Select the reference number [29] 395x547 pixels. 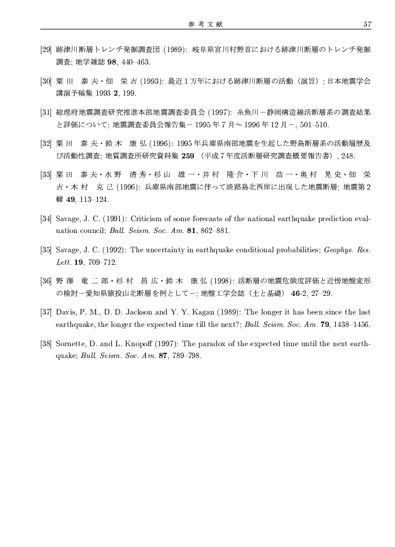click(x=47, y=50)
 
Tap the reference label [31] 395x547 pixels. click(x=47, y=112)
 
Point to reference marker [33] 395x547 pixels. click(x=47, y=175)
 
